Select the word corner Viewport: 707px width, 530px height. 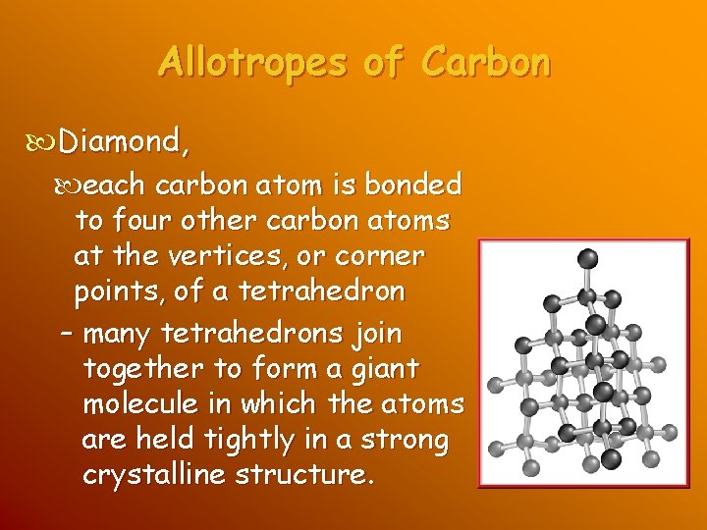[x=380, y=258]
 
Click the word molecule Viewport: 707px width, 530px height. [x=141, y=405]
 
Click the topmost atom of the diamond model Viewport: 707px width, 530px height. [x=587, y=259]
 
